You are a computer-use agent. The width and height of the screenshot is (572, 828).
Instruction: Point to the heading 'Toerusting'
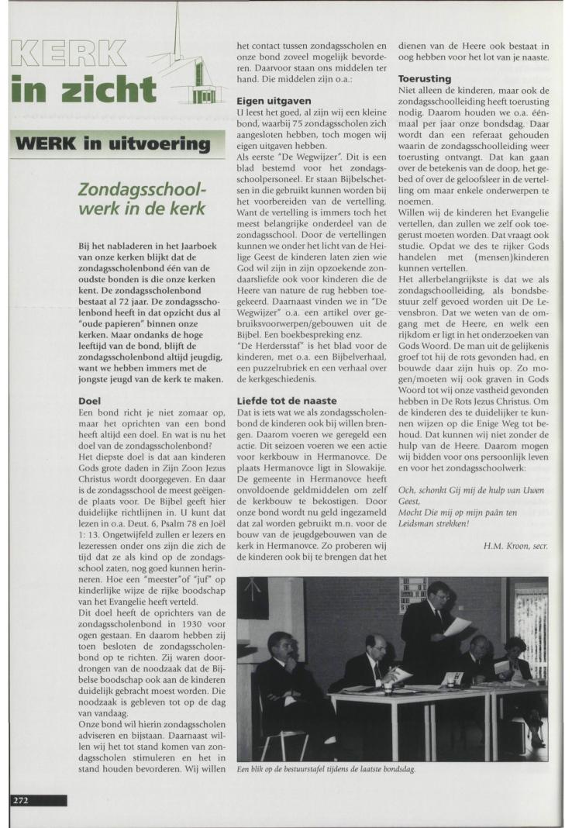pyautogui.click(x=422, y=78)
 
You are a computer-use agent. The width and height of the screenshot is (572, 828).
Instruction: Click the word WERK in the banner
pyautogui.click(x=51, y=143)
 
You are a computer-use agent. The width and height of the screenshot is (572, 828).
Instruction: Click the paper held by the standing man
pyautogui.click(x=457, y=626)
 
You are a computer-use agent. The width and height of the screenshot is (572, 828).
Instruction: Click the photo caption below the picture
pyautogui.click(x=326, y=769)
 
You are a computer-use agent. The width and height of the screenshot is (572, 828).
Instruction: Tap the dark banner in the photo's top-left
pyautogui.click(x=253, y=597)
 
